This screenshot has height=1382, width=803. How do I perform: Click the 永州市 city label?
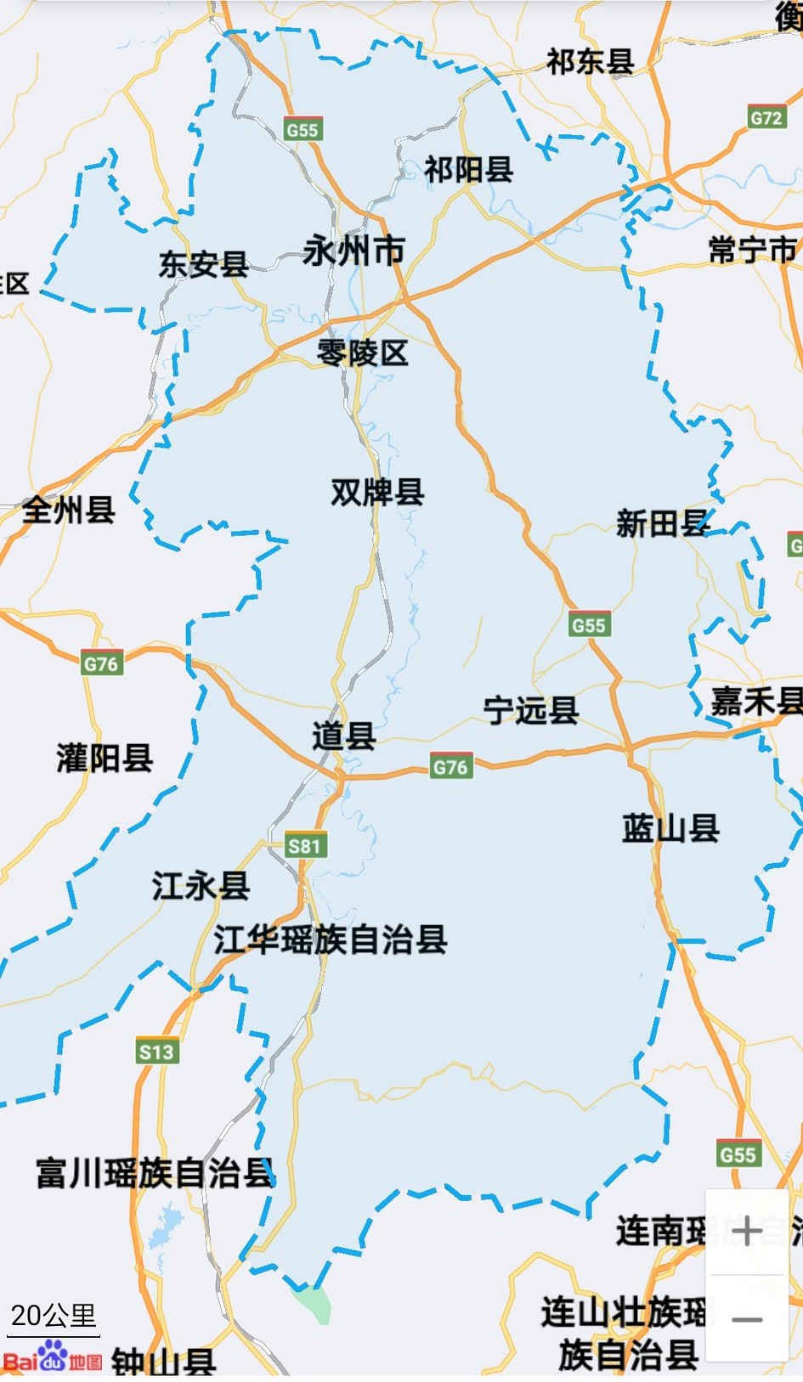(x=353, y=251)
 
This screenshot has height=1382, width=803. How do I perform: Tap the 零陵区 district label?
(x=363, y=353)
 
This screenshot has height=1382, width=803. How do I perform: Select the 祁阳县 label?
(x=469, y=170)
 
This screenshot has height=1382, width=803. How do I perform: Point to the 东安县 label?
(x=204, y=264)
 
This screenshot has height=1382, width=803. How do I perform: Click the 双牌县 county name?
(x=377, y=492)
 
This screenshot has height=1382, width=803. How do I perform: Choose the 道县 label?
(x=344, y=736)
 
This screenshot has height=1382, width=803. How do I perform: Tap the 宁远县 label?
(x=531, y=710)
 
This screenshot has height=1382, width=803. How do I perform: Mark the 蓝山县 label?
(x=670, y=828)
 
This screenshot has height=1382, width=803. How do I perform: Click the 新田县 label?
(x=662, y=523)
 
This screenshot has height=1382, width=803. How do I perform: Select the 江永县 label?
(x=201, y=886)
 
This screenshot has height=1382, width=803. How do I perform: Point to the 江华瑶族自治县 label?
(x=331, y=939)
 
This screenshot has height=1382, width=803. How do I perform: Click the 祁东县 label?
(x=590, y=61)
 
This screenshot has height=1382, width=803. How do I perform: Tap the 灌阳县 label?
(x=105, y=758)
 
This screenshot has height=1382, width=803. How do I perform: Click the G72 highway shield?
(x=766, y=117)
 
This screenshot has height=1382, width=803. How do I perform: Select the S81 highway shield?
(x=304, y=845)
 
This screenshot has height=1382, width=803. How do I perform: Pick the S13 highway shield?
(x=156, y=1052)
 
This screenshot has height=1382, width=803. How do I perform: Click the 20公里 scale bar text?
(x=53, y=1316)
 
